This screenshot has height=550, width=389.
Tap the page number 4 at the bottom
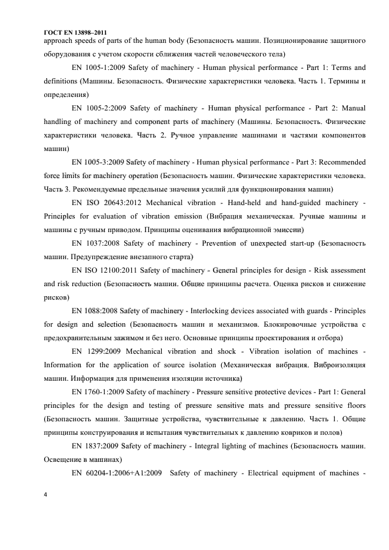pyautogui.click(x=46, y=494)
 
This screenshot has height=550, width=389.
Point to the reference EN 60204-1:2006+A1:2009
pyautogui.click(x=116, y=473)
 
